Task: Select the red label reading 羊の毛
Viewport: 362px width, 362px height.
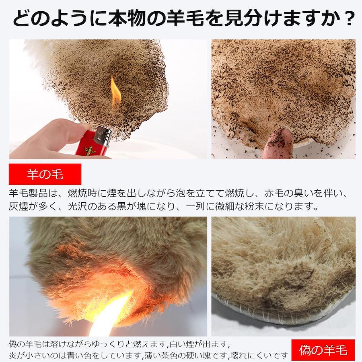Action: (45, 174)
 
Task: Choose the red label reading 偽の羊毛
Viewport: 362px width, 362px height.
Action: (323, 350)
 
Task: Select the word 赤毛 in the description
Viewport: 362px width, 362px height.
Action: (274, 193)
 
